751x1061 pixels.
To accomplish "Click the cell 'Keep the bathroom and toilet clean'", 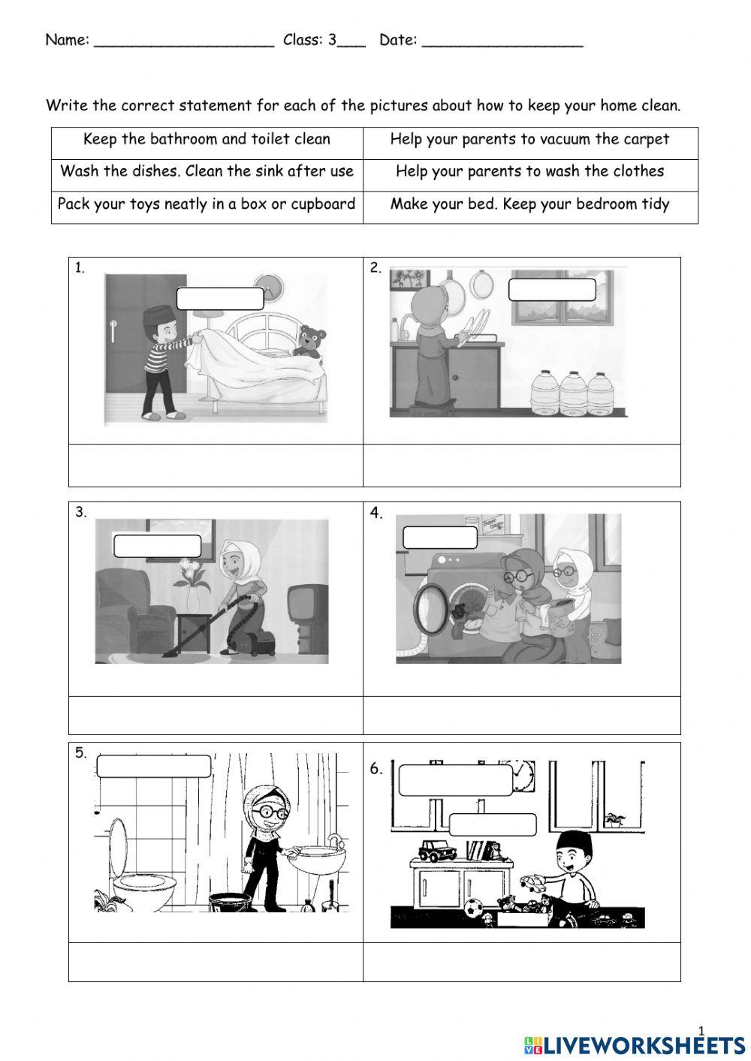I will tap(207, 140).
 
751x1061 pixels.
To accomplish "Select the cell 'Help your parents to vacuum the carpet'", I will tap(529, 140).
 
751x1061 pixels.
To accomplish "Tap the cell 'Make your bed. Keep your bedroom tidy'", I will tap(529, 204).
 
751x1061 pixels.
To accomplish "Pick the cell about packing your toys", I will tap(207, 204).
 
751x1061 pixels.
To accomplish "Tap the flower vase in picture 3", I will tap(193, 597).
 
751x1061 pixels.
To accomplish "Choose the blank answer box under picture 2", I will tap(521, 466).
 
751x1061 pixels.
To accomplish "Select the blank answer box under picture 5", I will tap(216, 962).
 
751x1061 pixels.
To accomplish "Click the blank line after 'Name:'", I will tap(184, 41).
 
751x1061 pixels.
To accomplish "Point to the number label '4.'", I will tap(376, 514).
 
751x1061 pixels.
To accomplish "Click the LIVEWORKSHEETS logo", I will tap(634, 1044).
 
